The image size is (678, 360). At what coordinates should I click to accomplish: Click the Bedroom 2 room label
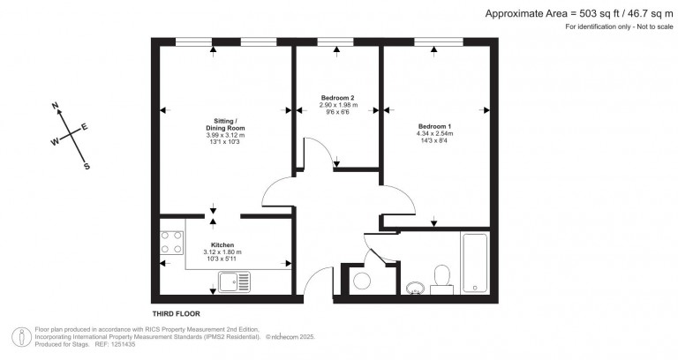point(338,98)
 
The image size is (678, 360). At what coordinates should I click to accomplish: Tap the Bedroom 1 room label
point(434,126)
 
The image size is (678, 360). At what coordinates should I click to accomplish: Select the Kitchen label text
point(222,245)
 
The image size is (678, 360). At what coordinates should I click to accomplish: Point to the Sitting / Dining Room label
point(225,124)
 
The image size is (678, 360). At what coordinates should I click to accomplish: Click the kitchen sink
point(234,282)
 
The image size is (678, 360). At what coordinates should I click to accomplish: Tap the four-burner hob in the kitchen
point(171,243)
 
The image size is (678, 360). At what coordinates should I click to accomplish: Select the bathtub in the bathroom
point(474,263)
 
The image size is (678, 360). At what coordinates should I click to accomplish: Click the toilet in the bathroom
point(442,280)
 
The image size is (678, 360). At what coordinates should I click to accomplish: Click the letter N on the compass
point(55,106)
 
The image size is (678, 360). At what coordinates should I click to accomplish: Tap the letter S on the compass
point(87,167)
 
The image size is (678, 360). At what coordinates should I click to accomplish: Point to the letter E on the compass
point(85,127)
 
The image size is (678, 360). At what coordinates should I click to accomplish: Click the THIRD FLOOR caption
point(176,314)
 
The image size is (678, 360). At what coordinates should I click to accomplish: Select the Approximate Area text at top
point(579,14)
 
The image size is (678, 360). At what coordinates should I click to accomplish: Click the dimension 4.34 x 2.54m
point(434,133)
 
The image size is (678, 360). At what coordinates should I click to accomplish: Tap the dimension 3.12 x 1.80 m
point(222,252)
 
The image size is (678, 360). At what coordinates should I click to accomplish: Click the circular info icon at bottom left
point(21,338)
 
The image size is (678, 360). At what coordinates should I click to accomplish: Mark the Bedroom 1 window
point(439,42)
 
